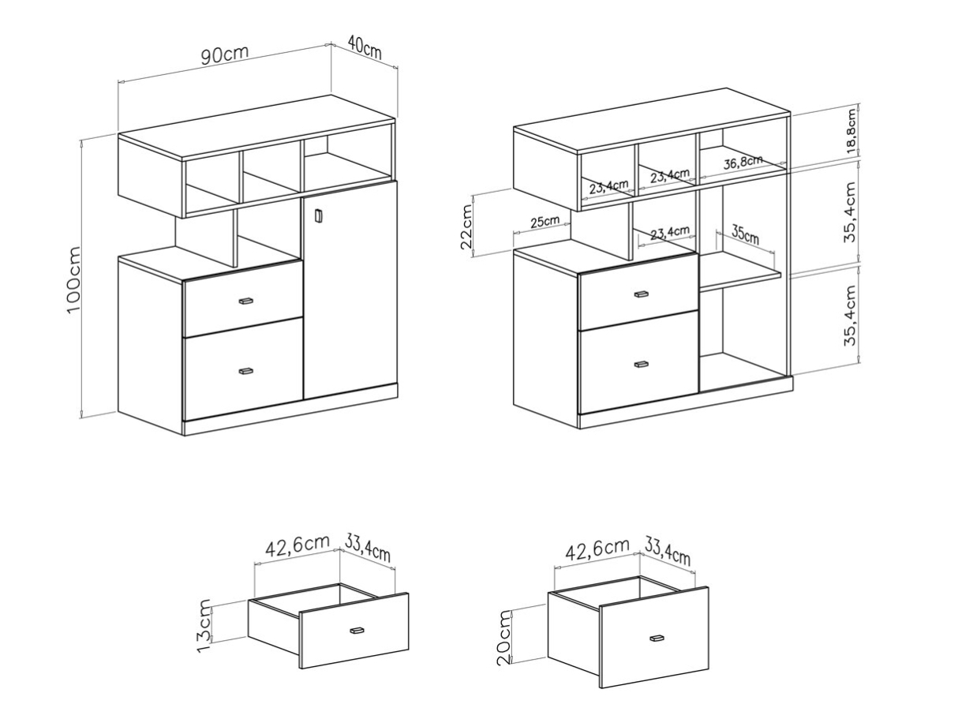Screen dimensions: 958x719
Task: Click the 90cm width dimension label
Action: click(x=224, y=54)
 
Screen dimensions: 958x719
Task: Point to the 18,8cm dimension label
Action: click(x=851, y=130)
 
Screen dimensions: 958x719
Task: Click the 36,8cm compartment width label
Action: click(x=743, y=162)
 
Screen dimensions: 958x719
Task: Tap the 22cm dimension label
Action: click(x=466, y=227)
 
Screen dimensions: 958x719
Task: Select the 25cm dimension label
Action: click(x=544, y=221)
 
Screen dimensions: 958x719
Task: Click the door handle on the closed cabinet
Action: click(x=317, y=215)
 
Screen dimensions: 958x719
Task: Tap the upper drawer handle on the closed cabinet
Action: click(x=245, y=301)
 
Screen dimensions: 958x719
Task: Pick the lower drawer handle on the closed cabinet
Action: click(x=245, y=371)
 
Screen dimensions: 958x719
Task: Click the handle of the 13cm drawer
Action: click(x=357, y=631)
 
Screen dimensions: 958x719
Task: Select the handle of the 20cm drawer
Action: click(x=657, y=638)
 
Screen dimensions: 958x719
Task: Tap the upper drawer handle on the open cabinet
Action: click(x=641, y=294)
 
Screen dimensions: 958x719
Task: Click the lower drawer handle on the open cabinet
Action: click(x=641, y=364)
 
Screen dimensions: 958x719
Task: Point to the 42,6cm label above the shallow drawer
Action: click(x=297, y=546)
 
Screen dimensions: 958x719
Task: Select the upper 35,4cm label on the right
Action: click(x=851, y=212)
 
